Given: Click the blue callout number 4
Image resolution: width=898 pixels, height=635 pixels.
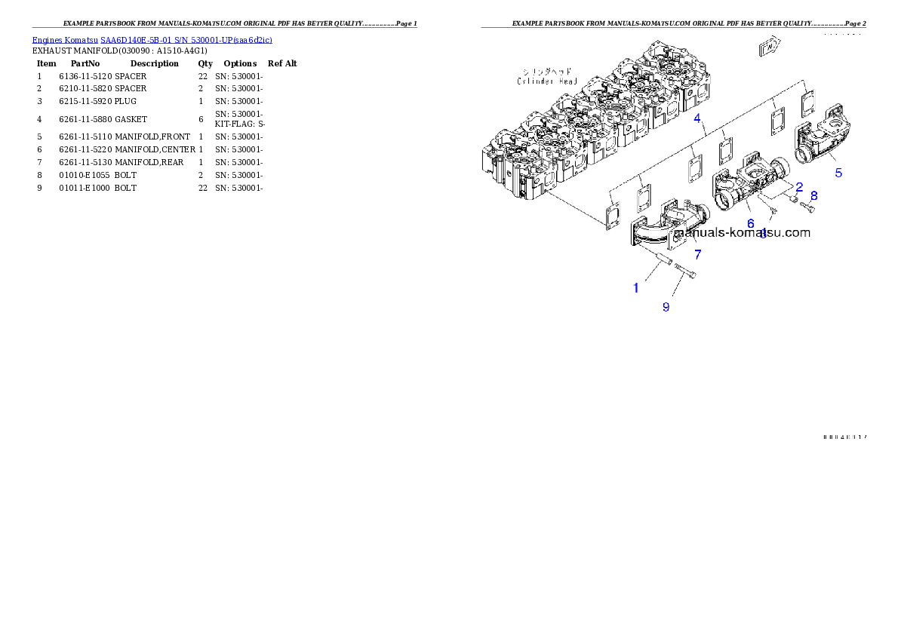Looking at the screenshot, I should point(698,118).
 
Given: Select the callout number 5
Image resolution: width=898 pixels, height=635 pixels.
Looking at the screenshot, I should point(838,172).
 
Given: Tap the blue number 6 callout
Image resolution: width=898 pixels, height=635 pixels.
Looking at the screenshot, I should point(750,223).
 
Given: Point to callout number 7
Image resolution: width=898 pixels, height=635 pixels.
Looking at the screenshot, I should point(698,255).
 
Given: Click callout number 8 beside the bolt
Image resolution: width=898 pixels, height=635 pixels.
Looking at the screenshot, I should point(813,195).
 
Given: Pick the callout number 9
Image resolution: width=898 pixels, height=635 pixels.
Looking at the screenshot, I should point(666,307).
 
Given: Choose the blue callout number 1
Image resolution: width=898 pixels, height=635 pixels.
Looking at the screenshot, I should point(636,288).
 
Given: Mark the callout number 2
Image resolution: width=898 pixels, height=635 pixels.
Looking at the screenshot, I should point(798,186).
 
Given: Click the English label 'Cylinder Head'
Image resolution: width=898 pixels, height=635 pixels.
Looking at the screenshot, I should point(546,81).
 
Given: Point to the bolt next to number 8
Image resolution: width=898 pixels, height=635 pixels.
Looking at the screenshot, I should point(807,205).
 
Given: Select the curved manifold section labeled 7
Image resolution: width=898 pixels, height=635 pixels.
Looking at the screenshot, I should point(663,226).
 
